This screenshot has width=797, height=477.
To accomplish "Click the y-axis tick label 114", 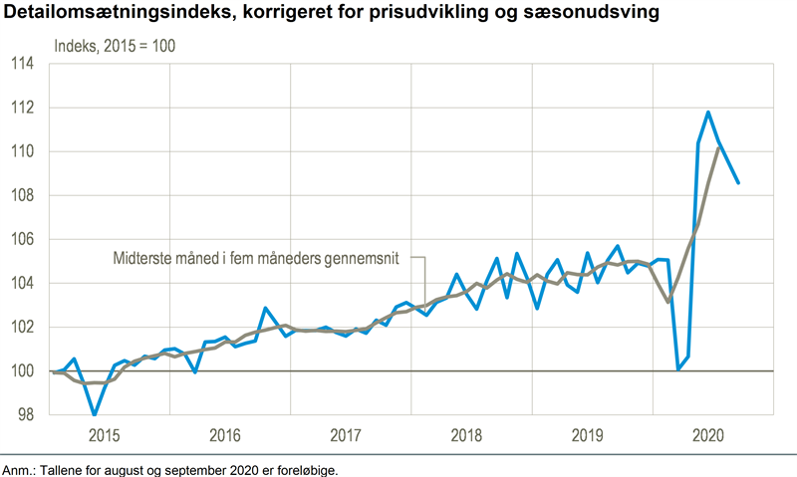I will click(x=21, y=64).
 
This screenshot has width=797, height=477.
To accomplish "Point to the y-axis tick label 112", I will click(x=21, y=108).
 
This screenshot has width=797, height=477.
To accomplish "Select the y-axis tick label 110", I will click(x=21, y=151).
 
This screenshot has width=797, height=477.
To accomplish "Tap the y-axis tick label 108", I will click(x=21, y=195).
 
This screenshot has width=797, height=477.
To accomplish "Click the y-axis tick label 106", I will click(x=21, y=239).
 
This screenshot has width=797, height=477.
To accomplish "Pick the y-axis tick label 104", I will click(x=21, y=283).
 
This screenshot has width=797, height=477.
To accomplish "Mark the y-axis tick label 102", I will click(x=21, y=327).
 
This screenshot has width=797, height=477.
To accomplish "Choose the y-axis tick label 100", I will click(x=21, y=370).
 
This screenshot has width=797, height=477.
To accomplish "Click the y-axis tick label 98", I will click(x=25, y=414).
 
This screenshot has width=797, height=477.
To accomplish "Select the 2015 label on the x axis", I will click(x=107, y=435).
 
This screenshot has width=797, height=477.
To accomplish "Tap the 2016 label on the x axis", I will click(x=225, y=435).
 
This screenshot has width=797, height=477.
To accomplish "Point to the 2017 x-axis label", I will click(x=346, y=435).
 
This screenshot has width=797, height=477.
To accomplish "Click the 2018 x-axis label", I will click(x=466, y=435).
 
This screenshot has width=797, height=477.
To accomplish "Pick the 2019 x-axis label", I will click(x=587, y=435).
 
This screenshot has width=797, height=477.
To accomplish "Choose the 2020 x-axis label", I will click(x=707, y=435).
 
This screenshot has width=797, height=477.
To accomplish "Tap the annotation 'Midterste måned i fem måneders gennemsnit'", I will click(x=255, y=258).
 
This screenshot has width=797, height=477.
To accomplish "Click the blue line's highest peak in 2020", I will click(x=708, y=112).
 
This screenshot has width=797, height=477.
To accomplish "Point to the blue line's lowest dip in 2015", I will click(x=95, y=414).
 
